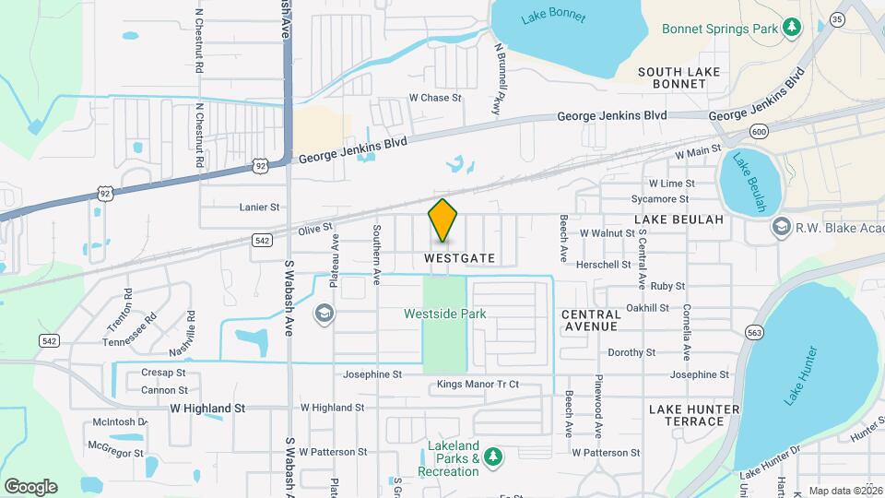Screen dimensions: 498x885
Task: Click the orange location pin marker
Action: pyautogui.click(x=442, y=221)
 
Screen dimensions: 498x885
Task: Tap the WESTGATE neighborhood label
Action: pyautogui.click(x=460, y=259)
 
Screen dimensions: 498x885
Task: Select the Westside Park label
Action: pyautogui.click(x=444, y=314)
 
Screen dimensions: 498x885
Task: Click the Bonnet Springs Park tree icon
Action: pyautogui.click(x=791, y=29)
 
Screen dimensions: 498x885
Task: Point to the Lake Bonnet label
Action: pyautogui.click(x=548, y=17)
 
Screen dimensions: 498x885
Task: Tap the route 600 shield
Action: pyautogui.click(x=759, y=131)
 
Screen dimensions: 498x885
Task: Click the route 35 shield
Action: pyautogui.click(x=837, y=18)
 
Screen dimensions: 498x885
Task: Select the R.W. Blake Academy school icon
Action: pyautogui.click(x=781, y=227)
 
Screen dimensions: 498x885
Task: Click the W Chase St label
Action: pyautogui.click(x=435, y=98)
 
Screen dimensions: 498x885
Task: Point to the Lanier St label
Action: pyautogui.click(x=258, y=208)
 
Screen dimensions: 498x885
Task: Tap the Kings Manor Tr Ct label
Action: pyautogui.click(x=478, y=384)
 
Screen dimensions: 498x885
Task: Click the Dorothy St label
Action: pyautogui.click(x=631, y=352)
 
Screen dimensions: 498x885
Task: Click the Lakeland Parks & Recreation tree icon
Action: pyautogui.click(x=493, y=456)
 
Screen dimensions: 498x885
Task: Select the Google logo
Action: pyautogui.click(x=30, y=486)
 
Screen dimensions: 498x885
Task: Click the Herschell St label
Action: pyautogui.click(x=604, y=264)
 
